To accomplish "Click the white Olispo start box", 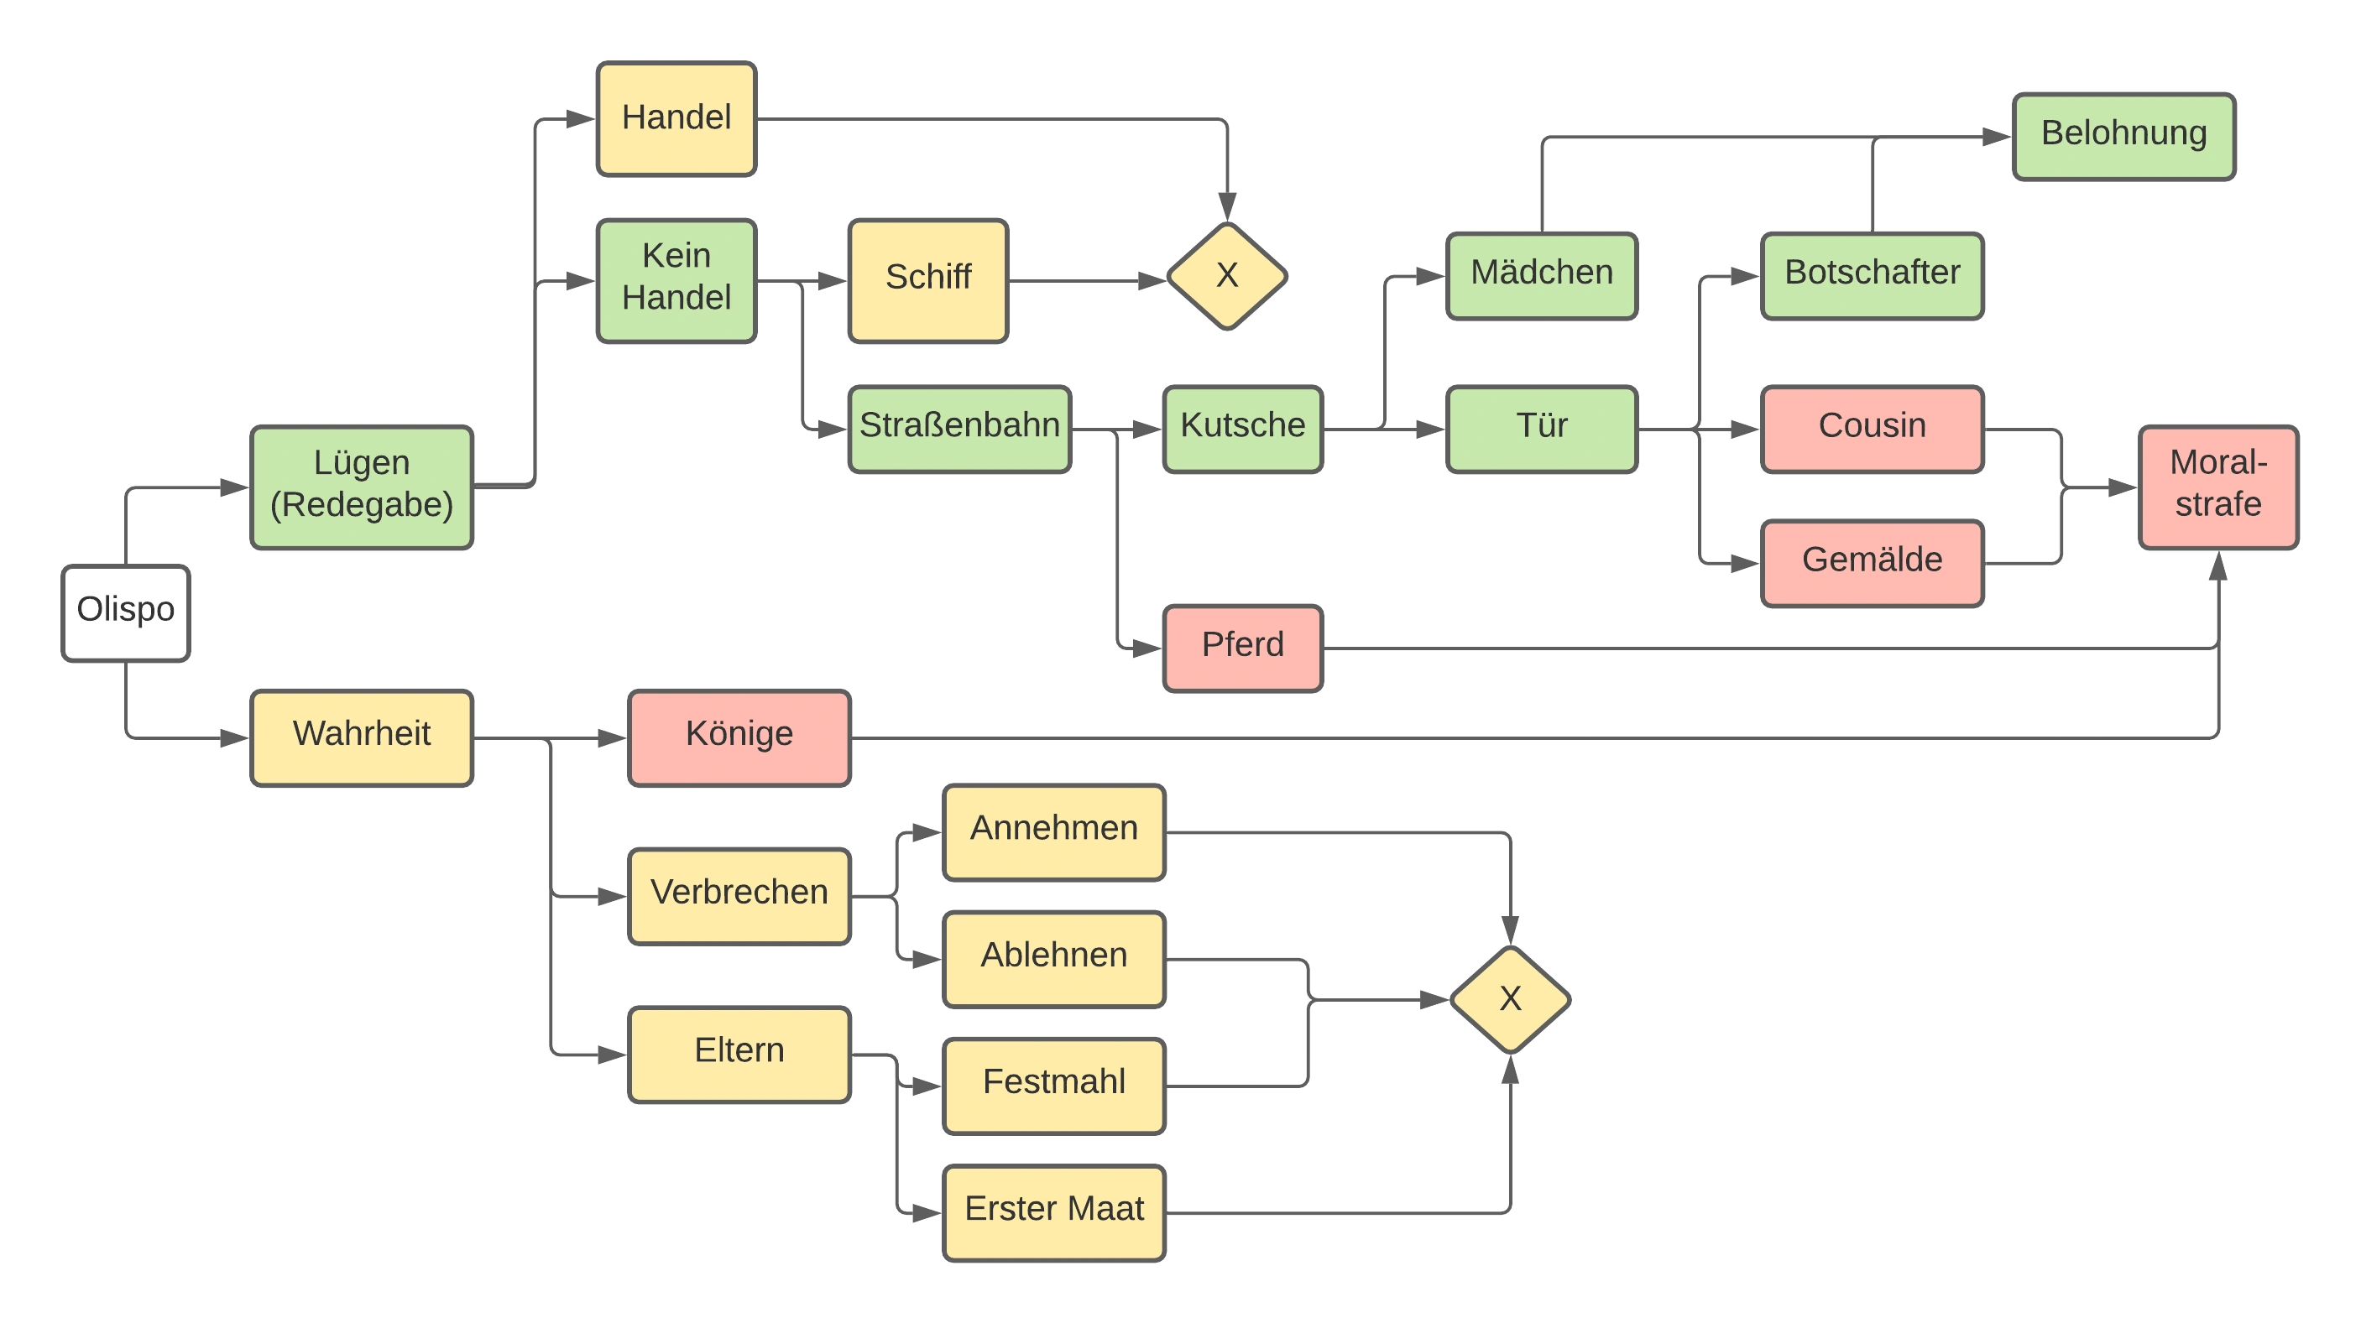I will pyautogui.click(x=127, y=612).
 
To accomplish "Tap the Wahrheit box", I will pyautogui.click(x=362, y=737).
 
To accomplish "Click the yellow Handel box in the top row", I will pyautogui.click(x=676, y=119).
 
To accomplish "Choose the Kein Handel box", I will pyautogui.click(x=676, y=279).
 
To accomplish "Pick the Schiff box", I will pyautogui.click(x=928, y=279).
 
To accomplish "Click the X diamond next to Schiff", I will pyautogui.click(x=1227, y=276).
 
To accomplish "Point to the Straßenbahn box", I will pyautogui.click(x=959, y=428).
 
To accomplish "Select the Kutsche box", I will pyautogui.click(x=1243, y=428).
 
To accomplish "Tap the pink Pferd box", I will pyautogui.click(x=1243, y=647).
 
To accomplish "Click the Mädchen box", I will pyautogui.click(x=1542, y=275).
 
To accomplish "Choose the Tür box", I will pyautogui.click(x=1542, y=428).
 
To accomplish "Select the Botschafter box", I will pyautogui.click(x=1872, y=275).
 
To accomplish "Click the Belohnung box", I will pyautogui.click(x=2123, y=136).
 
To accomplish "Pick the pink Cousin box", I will pyautogui.click(x=1872, y=428).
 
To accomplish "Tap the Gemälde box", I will pyautogui.click(x=1872, y=561).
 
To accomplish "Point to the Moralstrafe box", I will pyautogui.click(x=2218, y=487).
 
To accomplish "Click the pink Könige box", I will pyautogui.click(x=739, y=737).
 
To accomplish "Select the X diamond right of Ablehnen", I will pyautogui.click(x=1511, y=999).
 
